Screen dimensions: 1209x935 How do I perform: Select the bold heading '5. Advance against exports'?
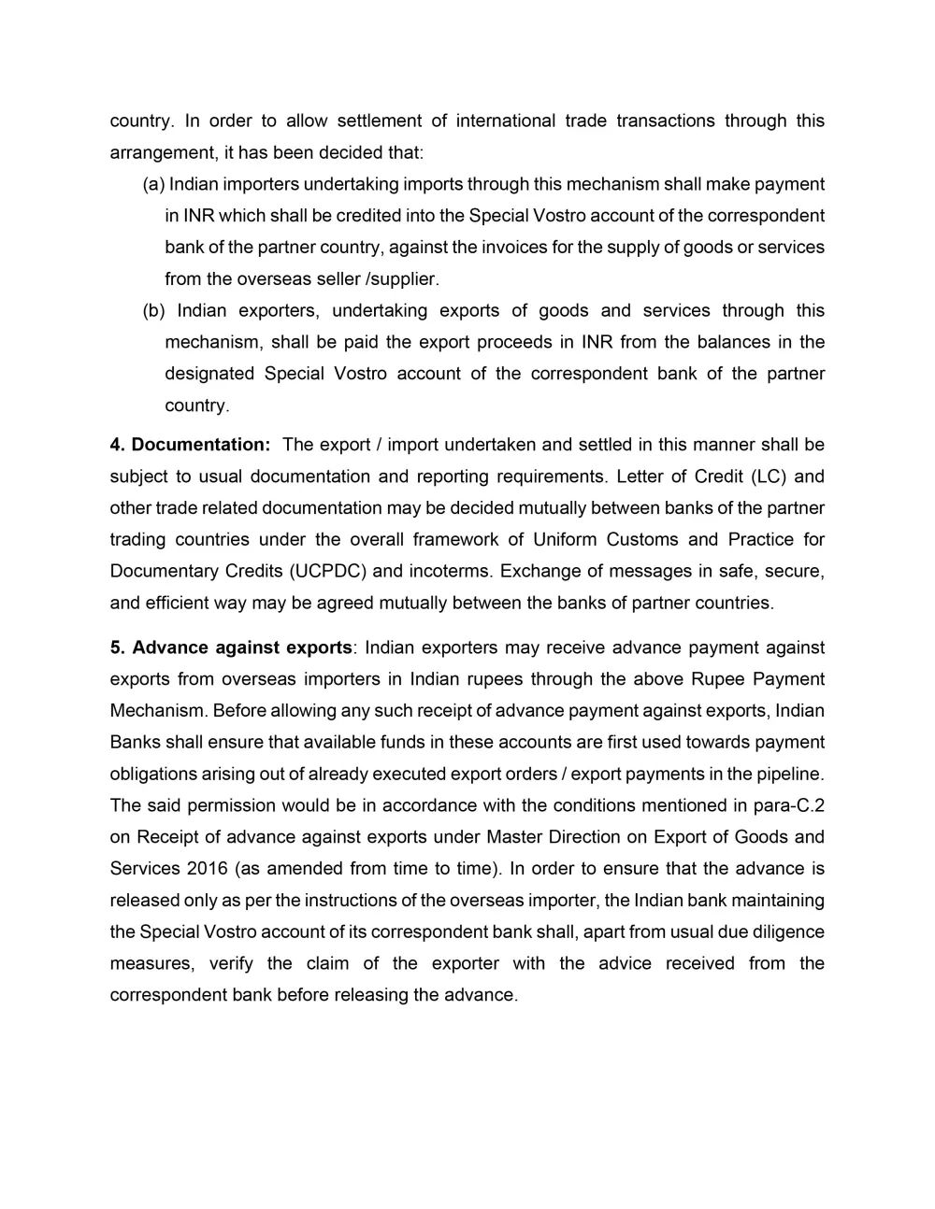click(231, 647)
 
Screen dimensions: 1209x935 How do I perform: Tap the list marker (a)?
click(153, 184)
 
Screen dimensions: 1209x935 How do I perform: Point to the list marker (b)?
click(153, 310)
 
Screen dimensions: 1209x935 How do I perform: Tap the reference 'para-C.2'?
click(791, 805)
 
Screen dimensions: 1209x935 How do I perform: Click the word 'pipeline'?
click(791, 774)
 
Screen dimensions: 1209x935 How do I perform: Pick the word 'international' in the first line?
click(503, 121)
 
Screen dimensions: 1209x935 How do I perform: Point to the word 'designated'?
click(208, 374)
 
